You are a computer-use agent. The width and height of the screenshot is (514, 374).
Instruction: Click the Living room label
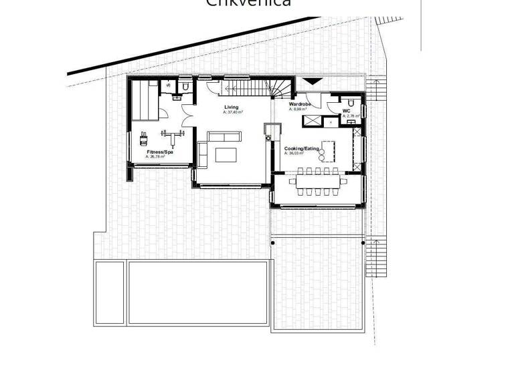point(231,108)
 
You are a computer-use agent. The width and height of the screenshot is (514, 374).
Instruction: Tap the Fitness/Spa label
point(160,152)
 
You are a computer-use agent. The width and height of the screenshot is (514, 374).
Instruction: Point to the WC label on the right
point(347,111)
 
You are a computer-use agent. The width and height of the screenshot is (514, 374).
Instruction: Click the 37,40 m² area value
point(234,113)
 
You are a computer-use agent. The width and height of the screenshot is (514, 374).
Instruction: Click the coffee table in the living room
point(226,155)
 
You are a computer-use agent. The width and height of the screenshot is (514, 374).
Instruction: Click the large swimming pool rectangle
point(199,293)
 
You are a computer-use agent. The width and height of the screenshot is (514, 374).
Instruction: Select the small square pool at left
point(109,293)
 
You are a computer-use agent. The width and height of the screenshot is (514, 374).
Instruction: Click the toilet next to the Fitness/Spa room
point(183,86)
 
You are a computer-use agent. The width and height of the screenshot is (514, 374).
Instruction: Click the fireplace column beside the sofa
point(270,130)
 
